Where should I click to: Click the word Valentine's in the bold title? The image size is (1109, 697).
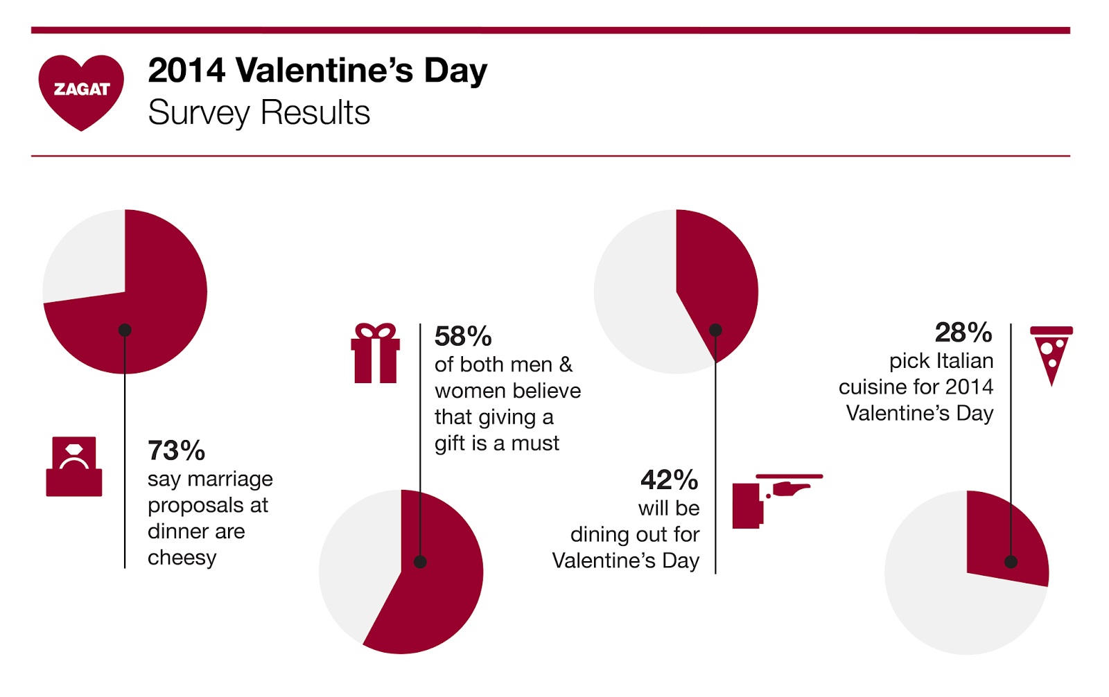(324, 71)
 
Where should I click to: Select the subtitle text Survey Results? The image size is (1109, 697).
(259, 113)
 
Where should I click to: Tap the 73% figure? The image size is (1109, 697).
(176, 451)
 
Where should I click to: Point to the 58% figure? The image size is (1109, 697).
(462, 337)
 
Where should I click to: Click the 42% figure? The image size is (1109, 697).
(669, 479)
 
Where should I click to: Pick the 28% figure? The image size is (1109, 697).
(963, 333)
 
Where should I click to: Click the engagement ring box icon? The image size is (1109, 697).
(74, 467)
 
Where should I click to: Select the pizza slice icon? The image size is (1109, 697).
(1051, 354)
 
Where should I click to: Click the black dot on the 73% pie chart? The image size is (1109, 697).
(125, 330)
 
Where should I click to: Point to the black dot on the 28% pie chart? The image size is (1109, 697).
(1011, 562)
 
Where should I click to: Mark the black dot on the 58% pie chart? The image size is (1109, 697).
(420, 562)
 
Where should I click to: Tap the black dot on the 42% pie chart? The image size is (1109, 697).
(715, 330)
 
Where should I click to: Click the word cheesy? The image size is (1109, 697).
(182, 558)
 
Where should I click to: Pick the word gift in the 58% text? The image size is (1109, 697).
(450, 443)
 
